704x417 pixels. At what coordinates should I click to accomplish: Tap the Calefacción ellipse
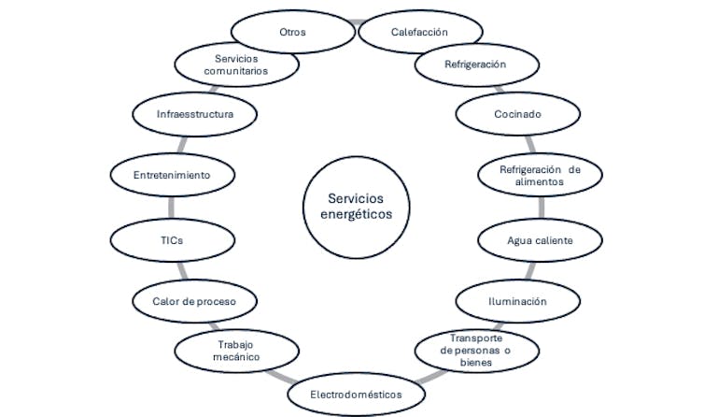418,32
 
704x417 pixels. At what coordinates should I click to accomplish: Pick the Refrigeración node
475,65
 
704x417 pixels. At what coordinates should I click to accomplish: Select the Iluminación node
516,301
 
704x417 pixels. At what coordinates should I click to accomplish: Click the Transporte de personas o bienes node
476,350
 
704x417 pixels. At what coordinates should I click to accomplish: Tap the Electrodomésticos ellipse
357,395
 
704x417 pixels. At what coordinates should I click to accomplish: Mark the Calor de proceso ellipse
194,301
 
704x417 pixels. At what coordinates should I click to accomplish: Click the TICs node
171,240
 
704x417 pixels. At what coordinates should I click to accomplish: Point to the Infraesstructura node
194,115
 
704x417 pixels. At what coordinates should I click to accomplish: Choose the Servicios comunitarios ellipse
236,65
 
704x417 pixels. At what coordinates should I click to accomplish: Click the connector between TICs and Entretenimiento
171,208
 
